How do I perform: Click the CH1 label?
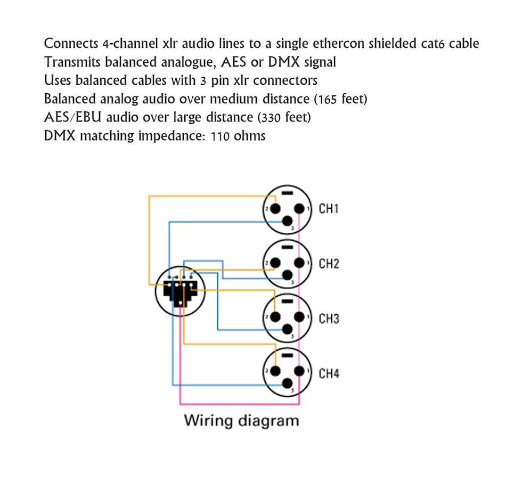[x=329, y=208]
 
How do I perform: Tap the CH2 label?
[x=329, y=264]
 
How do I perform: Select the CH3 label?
[x=329, y=319]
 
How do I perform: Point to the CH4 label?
[x=329, y=374]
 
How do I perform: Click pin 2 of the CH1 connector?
[x=275, y=208]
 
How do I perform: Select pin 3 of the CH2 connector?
[x=288, y=275]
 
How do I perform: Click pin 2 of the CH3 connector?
[x=275, y=318]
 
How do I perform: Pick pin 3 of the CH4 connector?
[x=288, y=385]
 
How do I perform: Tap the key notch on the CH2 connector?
[x=287, y=247]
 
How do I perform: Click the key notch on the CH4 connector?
[x=287, y=356]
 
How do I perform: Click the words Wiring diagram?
[x=241, y=420]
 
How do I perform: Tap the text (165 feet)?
[x=341, y=99]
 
